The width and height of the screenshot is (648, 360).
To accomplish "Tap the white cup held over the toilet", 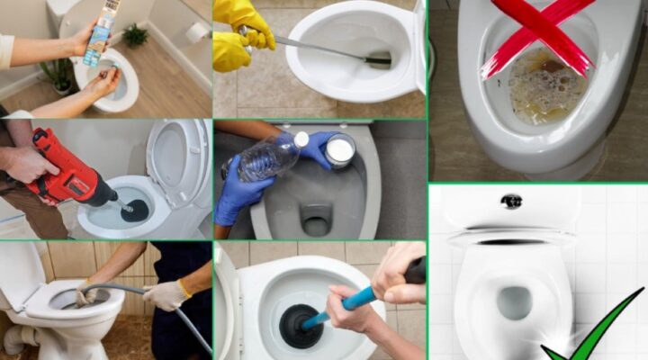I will (x=339, y=149).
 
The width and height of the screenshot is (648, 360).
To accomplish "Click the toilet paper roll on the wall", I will (x=194, y=32).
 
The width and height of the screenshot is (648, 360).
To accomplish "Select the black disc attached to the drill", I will (x=135, y=210).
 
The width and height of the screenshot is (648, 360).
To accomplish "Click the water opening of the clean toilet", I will (x=514, y=301).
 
